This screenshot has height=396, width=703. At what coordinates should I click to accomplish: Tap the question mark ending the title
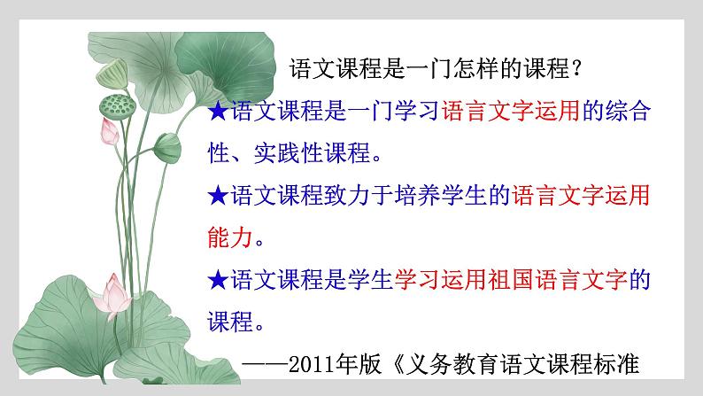pos(576,68)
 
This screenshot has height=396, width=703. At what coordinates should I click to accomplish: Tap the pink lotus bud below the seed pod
pos(109,132)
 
